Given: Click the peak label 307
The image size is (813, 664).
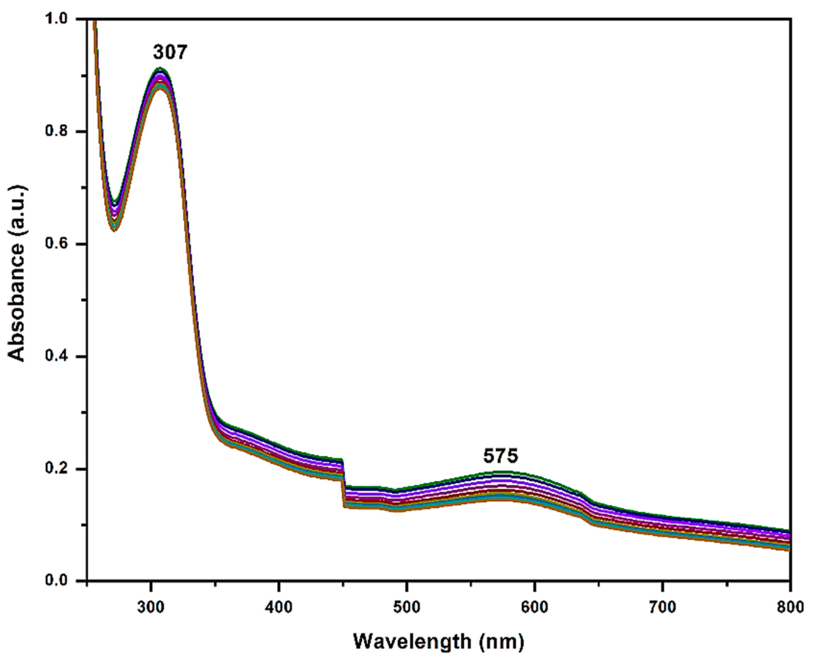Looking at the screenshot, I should pos(170,52).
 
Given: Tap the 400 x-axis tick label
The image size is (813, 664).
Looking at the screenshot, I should pos(279,607).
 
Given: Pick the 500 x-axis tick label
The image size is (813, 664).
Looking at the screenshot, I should pos(407,607).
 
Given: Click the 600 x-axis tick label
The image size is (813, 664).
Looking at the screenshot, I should pos(534,607).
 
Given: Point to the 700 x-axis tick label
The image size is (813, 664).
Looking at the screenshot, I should pos(662,607).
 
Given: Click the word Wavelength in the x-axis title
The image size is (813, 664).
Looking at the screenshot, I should pos(412,641).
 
